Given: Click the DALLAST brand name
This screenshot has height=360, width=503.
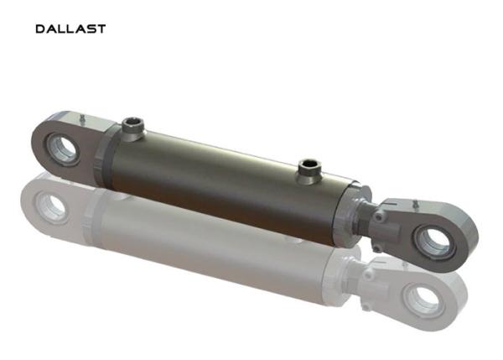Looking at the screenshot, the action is (x=70, y=29).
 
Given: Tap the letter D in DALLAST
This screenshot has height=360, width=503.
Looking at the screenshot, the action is (x=40, y=29).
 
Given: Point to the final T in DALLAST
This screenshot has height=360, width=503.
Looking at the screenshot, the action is (x=101, y=29).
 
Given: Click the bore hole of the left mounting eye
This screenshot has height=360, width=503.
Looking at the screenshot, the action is (x=65, y=149).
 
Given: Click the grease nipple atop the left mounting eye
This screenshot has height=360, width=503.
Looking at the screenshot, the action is (x=82, y=118).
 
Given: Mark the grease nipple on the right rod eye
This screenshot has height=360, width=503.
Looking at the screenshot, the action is (x=416, y=204).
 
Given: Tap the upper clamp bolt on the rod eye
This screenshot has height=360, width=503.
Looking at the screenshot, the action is (x=379, y=217).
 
